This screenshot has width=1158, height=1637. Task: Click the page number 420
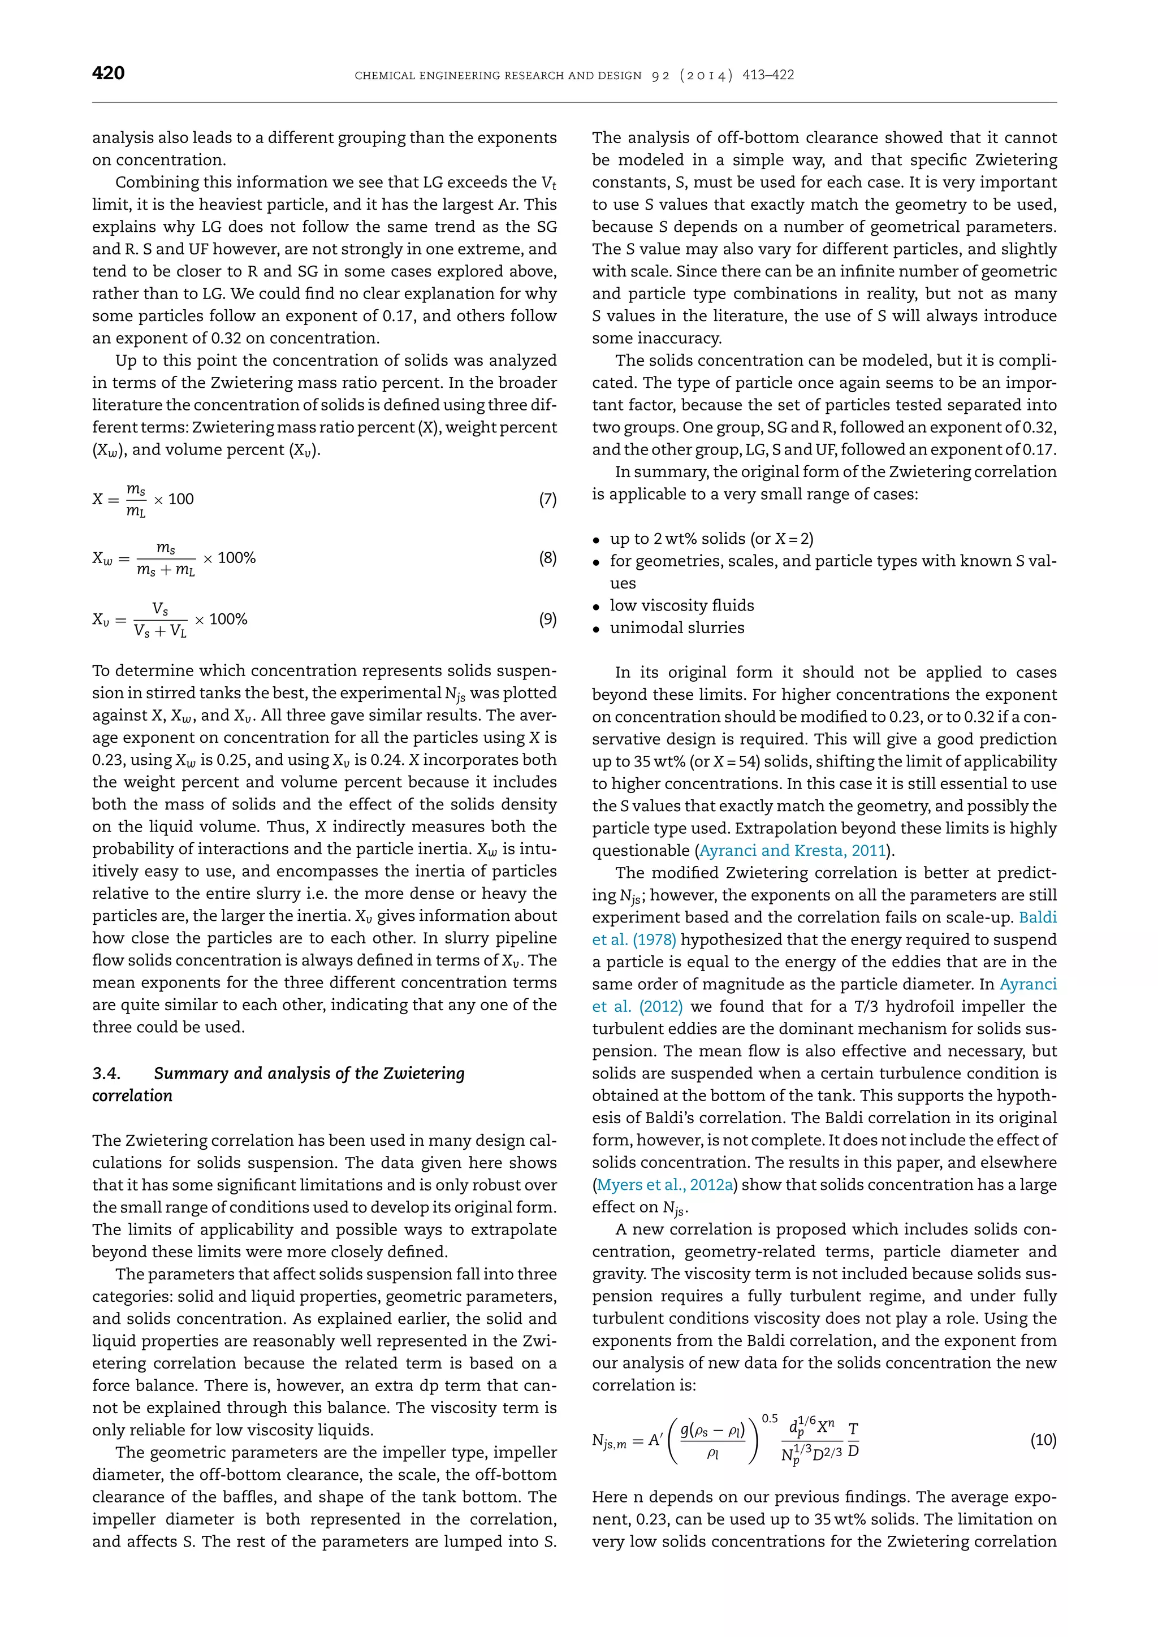pos(109,73)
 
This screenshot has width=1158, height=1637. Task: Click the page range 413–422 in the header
pos(768,75)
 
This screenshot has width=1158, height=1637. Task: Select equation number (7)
pos(547,499)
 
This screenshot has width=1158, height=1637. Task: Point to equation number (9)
pos(547,619)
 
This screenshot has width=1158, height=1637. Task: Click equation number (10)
pos(1043,1440)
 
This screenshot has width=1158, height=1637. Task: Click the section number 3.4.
pos(106,1074)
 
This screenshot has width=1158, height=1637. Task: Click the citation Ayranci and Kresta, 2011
pos(792,851)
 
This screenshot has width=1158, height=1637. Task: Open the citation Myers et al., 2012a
pos(664,1185)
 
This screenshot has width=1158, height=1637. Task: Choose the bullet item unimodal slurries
pos(677,627)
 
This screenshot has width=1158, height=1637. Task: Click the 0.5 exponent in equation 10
pos(770,1419)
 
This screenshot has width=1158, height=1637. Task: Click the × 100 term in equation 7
pos(173,499)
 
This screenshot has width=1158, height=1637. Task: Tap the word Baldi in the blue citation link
pos(1038,917)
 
